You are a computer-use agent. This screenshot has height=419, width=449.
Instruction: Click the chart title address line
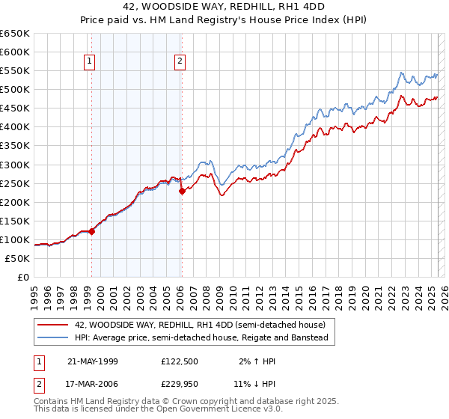(x=224, y=7)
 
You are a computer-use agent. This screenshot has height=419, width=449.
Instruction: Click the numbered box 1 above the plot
(x=90, y=62)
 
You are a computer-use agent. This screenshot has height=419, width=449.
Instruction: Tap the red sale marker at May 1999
(x=92, y=231)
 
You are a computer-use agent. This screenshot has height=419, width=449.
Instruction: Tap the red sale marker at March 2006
(x=182, y=191)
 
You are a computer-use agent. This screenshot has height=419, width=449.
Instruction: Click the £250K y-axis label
(x=16, y=183)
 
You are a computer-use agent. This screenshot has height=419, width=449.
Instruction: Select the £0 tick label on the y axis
(x=23, y=278)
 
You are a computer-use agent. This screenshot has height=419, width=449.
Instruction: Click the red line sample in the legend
(x=53, y=325)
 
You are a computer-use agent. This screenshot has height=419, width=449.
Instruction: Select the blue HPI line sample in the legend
(x=53, y=337)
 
